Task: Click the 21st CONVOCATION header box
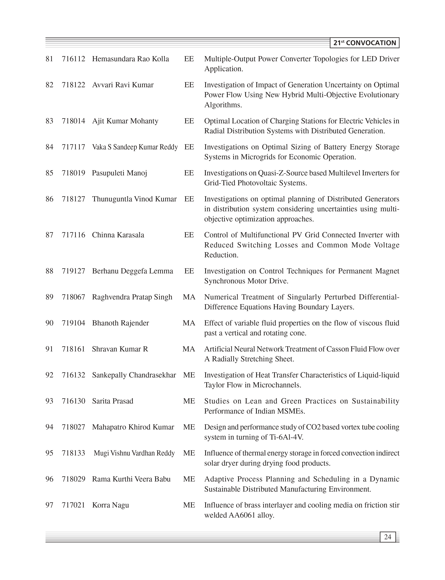click(x=365, y=43)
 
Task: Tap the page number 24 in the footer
click(x=387, y=537)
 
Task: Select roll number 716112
click(x=73, y=59)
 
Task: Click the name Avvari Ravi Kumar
click(x=123, y=85)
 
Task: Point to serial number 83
click(x=49, y=121)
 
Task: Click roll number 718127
click(x=73, y=199)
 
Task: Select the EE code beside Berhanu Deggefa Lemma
click(x=189, y=271)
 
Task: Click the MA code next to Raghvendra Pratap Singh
click(x=189, y=297)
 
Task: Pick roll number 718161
click(x=73, y=349)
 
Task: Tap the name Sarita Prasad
click(x=112, y=401)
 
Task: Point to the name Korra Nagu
click(x=110, y=505)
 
